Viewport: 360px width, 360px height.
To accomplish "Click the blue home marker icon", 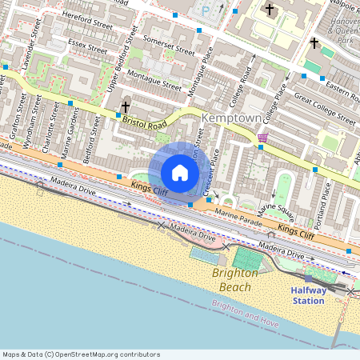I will pyautogui.click(x=180, y=172).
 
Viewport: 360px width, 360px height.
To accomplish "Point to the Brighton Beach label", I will pyautogui.click(x=235, y=279).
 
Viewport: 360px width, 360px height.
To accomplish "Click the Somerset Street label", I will pyautogui.click(x=169, y=44).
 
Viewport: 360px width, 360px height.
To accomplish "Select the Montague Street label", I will pyautogui.click(x=150, y=79).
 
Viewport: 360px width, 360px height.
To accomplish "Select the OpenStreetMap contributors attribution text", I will pyautogui.click(x=82, y=354).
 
